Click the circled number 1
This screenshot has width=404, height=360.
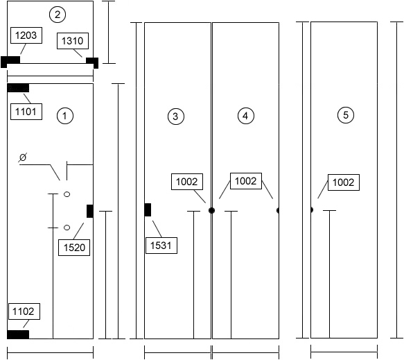coord(65,116)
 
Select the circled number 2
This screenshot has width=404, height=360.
coord(58,15)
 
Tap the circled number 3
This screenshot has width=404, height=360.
coord(176,117)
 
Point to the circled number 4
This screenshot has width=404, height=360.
coord(246,116)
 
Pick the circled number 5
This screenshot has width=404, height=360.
coord(346,114)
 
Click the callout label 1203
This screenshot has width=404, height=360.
coord(26,35)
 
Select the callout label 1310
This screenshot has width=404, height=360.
coord(73,41)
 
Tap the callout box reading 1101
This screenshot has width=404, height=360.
coord(26,112)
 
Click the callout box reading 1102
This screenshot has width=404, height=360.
coord(24,311)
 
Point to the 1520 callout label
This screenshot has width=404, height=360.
coord(74,248)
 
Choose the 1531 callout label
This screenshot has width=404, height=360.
coord(161,246)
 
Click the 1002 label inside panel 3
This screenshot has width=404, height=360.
coord(187,182)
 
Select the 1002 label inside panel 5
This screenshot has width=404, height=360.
coord(344,182)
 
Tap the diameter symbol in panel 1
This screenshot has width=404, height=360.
coord(23,157)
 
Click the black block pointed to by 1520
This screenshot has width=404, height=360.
coord(90,211)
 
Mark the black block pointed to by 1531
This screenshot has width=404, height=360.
coord(148,209)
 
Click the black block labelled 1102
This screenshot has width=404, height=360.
coord(18,334)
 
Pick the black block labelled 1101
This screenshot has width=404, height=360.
coord(18,88)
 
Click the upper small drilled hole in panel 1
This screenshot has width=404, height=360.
coord(67,194)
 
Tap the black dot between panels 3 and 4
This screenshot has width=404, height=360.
coord(211,210)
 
